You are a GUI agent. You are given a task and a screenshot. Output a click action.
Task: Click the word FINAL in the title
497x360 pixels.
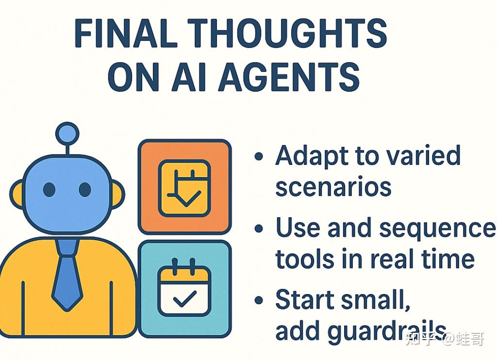coord(126,33)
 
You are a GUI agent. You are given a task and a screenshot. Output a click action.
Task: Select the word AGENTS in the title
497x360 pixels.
coord(289,77)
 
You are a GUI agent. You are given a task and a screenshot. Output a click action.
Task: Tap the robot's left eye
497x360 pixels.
coord(49,190)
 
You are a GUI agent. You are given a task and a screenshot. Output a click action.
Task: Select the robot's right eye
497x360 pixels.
coord(84,190)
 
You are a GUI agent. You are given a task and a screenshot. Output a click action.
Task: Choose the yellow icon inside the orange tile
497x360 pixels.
coord(184,188)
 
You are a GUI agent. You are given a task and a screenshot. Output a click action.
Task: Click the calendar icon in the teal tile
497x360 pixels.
coord(184,287)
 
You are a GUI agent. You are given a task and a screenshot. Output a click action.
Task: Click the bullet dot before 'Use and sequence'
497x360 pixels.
coord(259,229)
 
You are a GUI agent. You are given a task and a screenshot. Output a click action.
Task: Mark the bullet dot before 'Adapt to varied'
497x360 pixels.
coord(259,156)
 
